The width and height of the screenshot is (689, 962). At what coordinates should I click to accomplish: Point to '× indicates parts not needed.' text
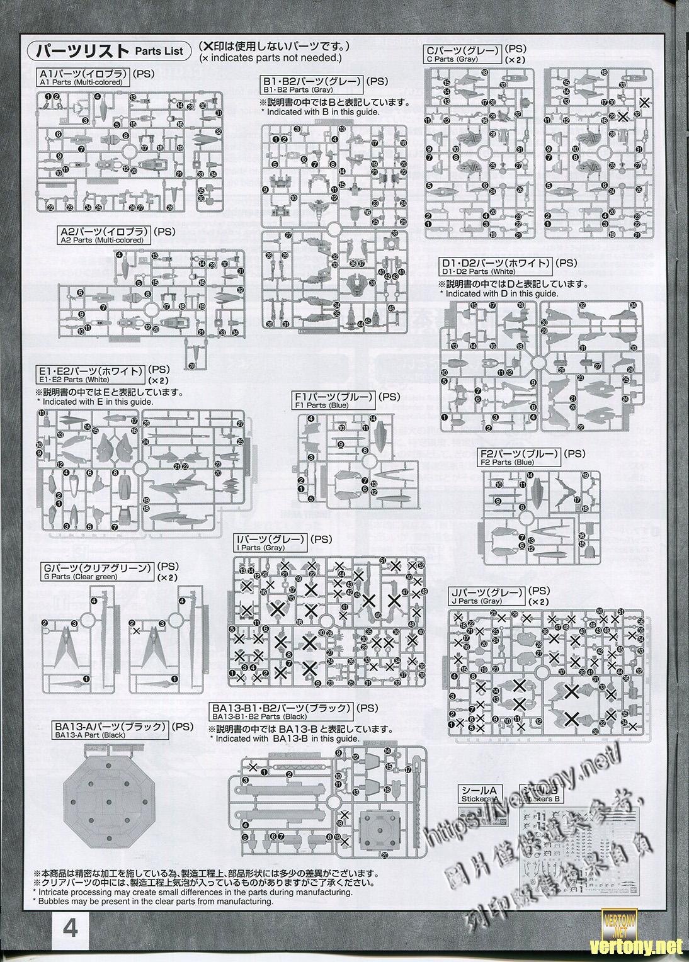270,58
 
